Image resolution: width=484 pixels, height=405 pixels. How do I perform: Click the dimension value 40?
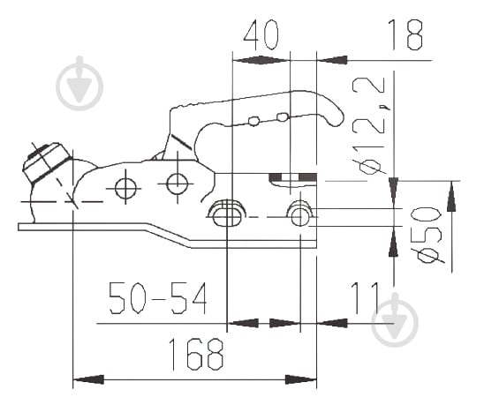point(261,34)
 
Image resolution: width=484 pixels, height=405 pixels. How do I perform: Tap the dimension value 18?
point(407,34)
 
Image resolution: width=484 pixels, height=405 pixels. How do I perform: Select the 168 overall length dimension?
point(196,354)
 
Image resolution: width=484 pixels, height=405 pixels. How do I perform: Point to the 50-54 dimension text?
point(158,298)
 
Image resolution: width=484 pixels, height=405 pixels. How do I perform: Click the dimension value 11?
point(365,298)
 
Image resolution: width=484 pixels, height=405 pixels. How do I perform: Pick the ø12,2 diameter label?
point(368,126)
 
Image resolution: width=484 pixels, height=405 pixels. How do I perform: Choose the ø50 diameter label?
point(428,236)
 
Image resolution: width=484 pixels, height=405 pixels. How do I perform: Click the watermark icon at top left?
point(79,83)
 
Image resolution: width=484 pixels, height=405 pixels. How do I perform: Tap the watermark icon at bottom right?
point(395,320)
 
